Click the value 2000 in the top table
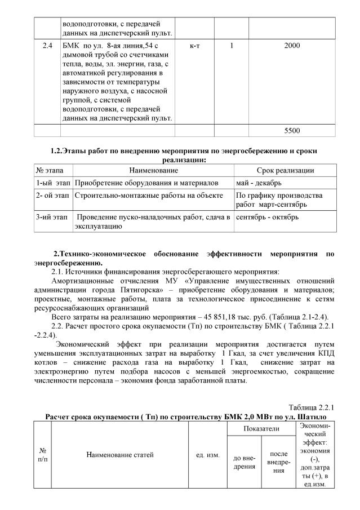[x=292, y=46]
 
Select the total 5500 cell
[x=292, y=131]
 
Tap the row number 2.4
[x=48, y=46]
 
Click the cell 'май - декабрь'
[x=259, y=183]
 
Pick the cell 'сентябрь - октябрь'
[x=268, y=217]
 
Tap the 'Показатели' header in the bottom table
[x=261, y=429]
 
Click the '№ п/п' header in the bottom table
[x=42, y=454]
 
